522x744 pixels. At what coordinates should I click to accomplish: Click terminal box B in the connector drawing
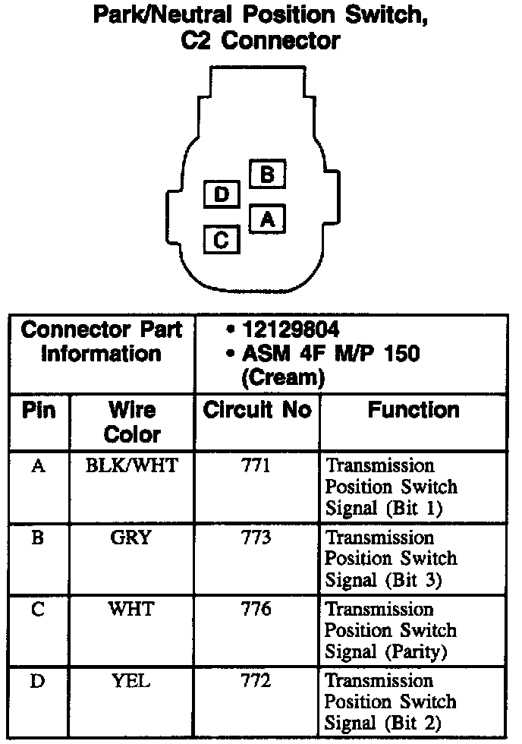(266, 175)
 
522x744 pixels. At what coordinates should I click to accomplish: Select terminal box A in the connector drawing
(266, 219)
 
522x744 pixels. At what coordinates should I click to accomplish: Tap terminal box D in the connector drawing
(222, 195)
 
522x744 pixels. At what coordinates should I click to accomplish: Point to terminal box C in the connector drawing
(222, 240)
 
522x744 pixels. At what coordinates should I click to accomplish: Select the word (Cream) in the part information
(283, 377)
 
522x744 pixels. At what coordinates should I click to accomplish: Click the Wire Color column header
(132, 422)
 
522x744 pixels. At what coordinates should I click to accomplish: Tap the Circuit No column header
(257, 411)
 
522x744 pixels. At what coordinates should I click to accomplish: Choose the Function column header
(414, 411)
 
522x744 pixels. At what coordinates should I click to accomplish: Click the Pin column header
(38, 411)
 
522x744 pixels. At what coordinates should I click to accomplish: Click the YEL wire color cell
(131, 681)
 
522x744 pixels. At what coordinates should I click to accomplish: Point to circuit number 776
(256, 610)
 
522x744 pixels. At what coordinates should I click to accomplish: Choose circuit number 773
(256, 538)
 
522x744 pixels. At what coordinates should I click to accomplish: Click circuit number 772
(256, 681)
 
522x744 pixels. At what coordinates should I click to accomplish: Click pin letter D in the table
(37, 681)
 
